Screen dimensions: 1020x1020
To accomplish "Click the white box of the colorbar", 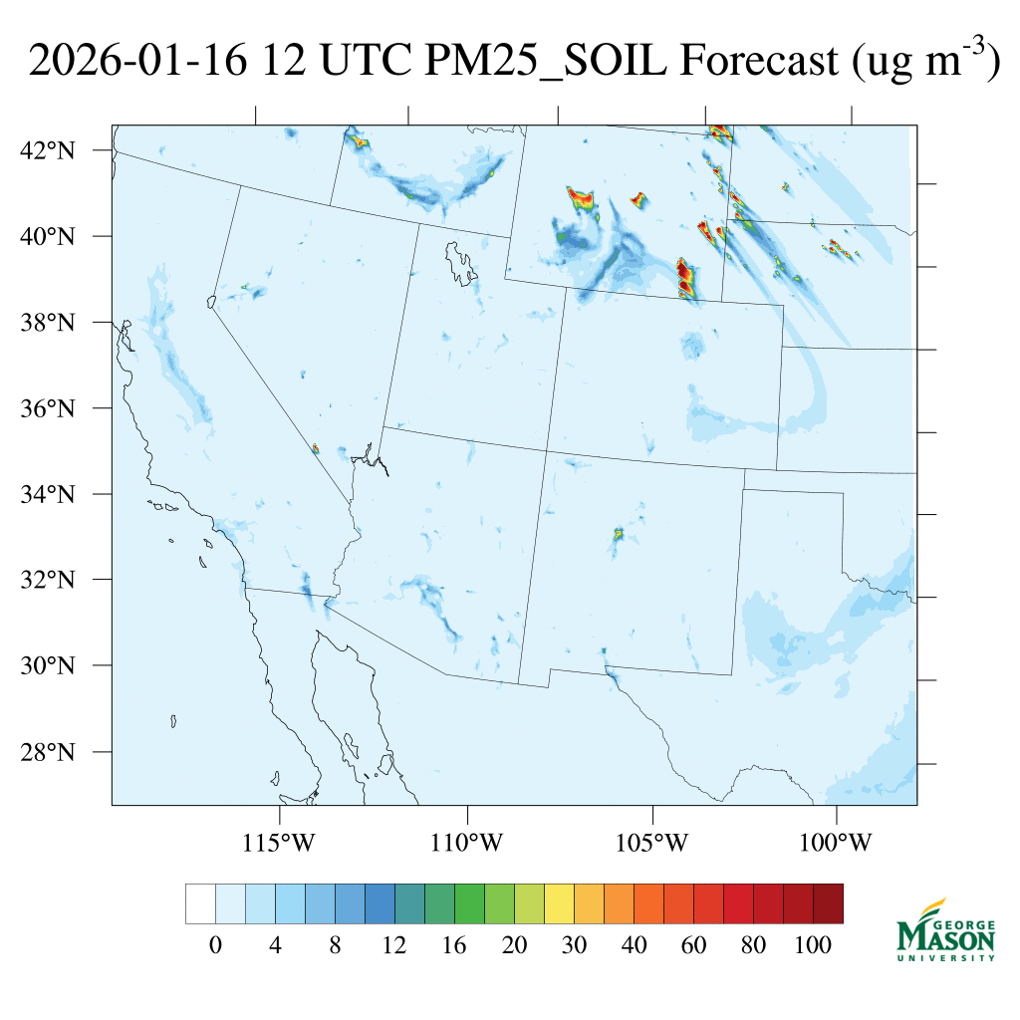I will [x=200, y=903].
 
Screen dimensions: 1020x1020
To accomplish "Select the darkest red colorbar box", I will [x=829, y=903].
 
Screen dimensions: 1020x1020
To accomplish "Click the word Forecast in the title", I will [x=759, y=62].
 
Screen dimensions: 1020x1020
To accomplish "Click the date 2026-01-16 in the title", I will [x=136, y=62].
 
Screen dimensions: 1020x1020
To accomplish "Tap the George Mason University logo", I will [x=945, y=929].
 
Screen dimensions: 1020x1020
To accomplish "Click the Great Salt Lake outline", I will [x=459, y=258].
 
